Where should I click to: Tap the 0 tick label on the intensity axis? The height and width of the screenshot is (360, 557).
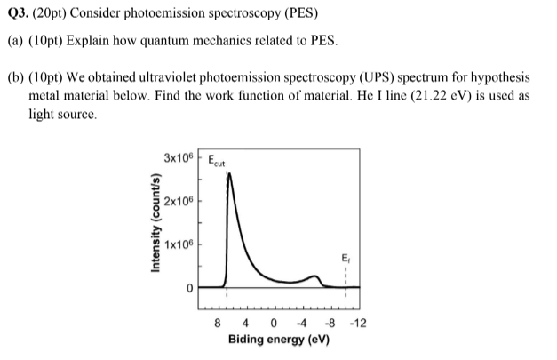click(x=189, y=288)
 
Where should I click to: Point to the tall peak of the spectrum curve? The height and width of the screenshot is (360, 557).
click(x=229, y=175)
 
